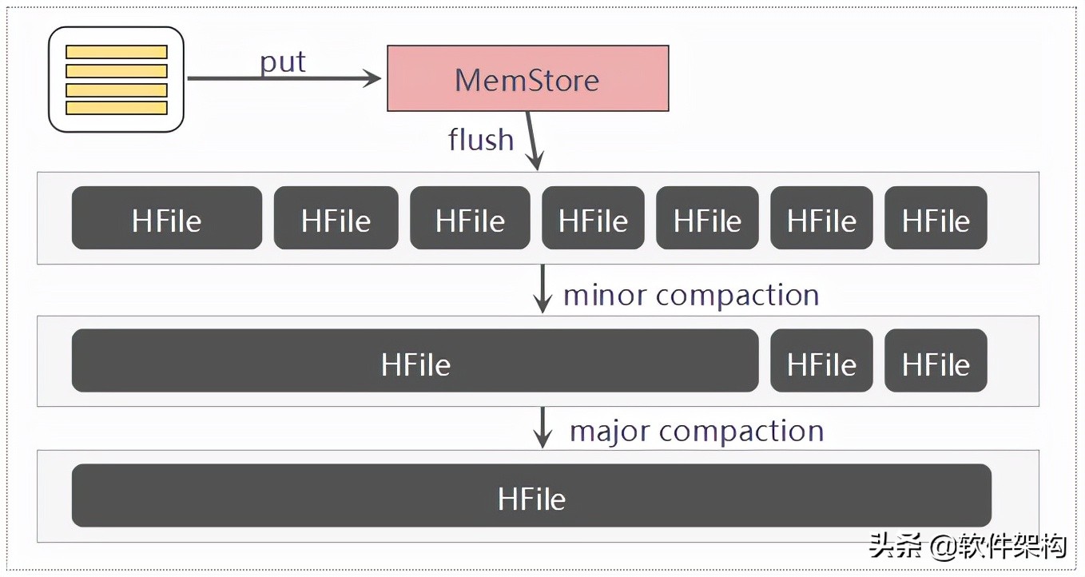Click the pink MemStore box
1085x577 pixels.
[x=527, y=78]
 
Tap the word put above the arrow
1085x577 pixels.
[x=283, y=62]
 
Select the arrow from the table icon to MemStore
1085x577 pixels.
[x=284, y=78]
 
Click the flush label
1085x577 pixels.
[x=481, y=140]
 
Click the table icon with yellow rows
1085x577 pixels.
[x=117, y=79]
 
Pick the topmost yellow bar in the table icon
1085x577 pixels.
[x=117, y=52]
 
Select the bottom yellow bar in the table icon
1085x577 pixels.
[x=117, y=108]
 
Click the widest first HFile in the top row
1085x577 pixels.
[x=167, y=218]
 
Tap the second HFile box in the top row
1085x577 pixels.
[x=336, y=218]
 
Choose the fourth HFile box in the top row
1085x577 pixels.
[x=593, y=218]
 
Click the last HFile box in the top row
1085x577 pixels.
[x=936, y=218]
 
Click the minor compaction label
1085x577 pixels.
[x=691, y=295]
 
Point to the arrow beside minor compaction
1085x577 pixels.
[x=542, y=288]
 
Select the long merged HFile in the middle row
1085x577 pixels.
[x=415, y=360]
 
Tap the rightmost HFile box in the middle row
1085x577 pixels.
[x=936, y=360]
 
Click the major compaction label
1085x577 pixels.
[x=696, y=431]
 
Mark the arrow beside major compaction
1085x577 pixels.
[x=542, y=428]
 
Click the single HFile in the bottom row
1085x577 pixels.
[x=531, y=495]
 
